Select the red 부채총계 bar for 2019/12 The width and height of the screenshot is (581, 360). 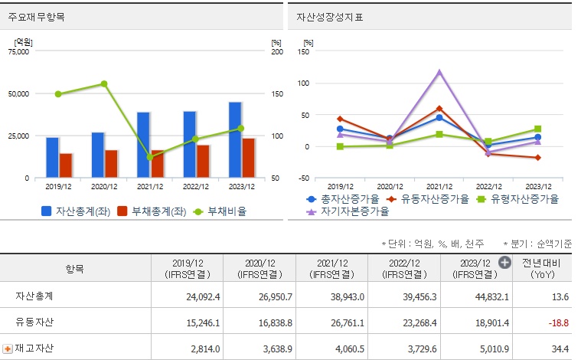[x=66, y=165]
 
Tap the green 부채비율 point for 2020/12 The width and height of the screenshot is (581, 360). [x=104, y=84]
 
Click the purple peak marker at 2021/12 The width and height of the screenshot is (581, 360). [x=439, y=73]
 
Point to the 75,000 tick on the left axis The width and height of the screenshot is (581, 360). [x=18, y=52]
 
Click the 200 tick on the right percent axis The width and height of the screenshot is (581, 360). [x=276, y=52]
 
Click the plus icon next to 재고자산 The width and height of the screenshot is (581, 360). [x=8, y=349]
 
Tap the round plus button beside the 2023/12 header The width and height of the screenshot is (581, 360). [x=504, y=262]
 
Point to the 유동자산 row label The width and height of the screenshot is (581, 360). [x=34, y=322]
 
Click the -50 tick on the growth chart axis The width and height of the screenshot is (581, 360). [x=304, y=178]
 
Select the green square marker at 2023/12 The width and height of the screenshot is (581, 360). [x=537, y=129]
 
